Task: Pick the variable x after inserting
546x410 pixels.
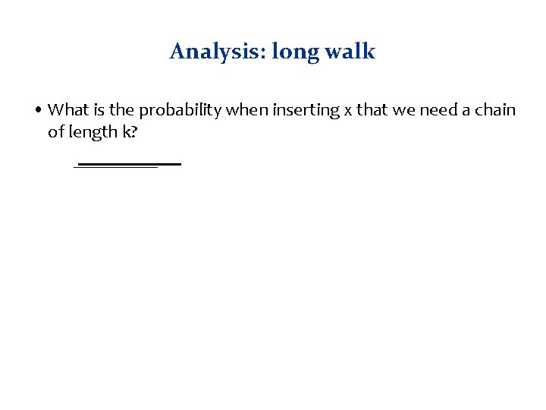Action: tap(348, 111)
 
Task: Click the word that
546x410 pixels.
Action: tap(372, 110)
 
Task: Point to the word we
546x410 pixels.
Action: tap(403, 111)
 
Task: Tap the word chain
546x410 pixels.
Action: tap(494, 110)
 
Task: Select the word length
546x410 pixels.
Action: tap(92, 131)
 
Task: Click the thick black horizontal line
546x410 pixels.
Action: tap(129, 164)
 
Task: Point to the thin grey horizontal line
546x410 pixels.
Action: tap(115, 168)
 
